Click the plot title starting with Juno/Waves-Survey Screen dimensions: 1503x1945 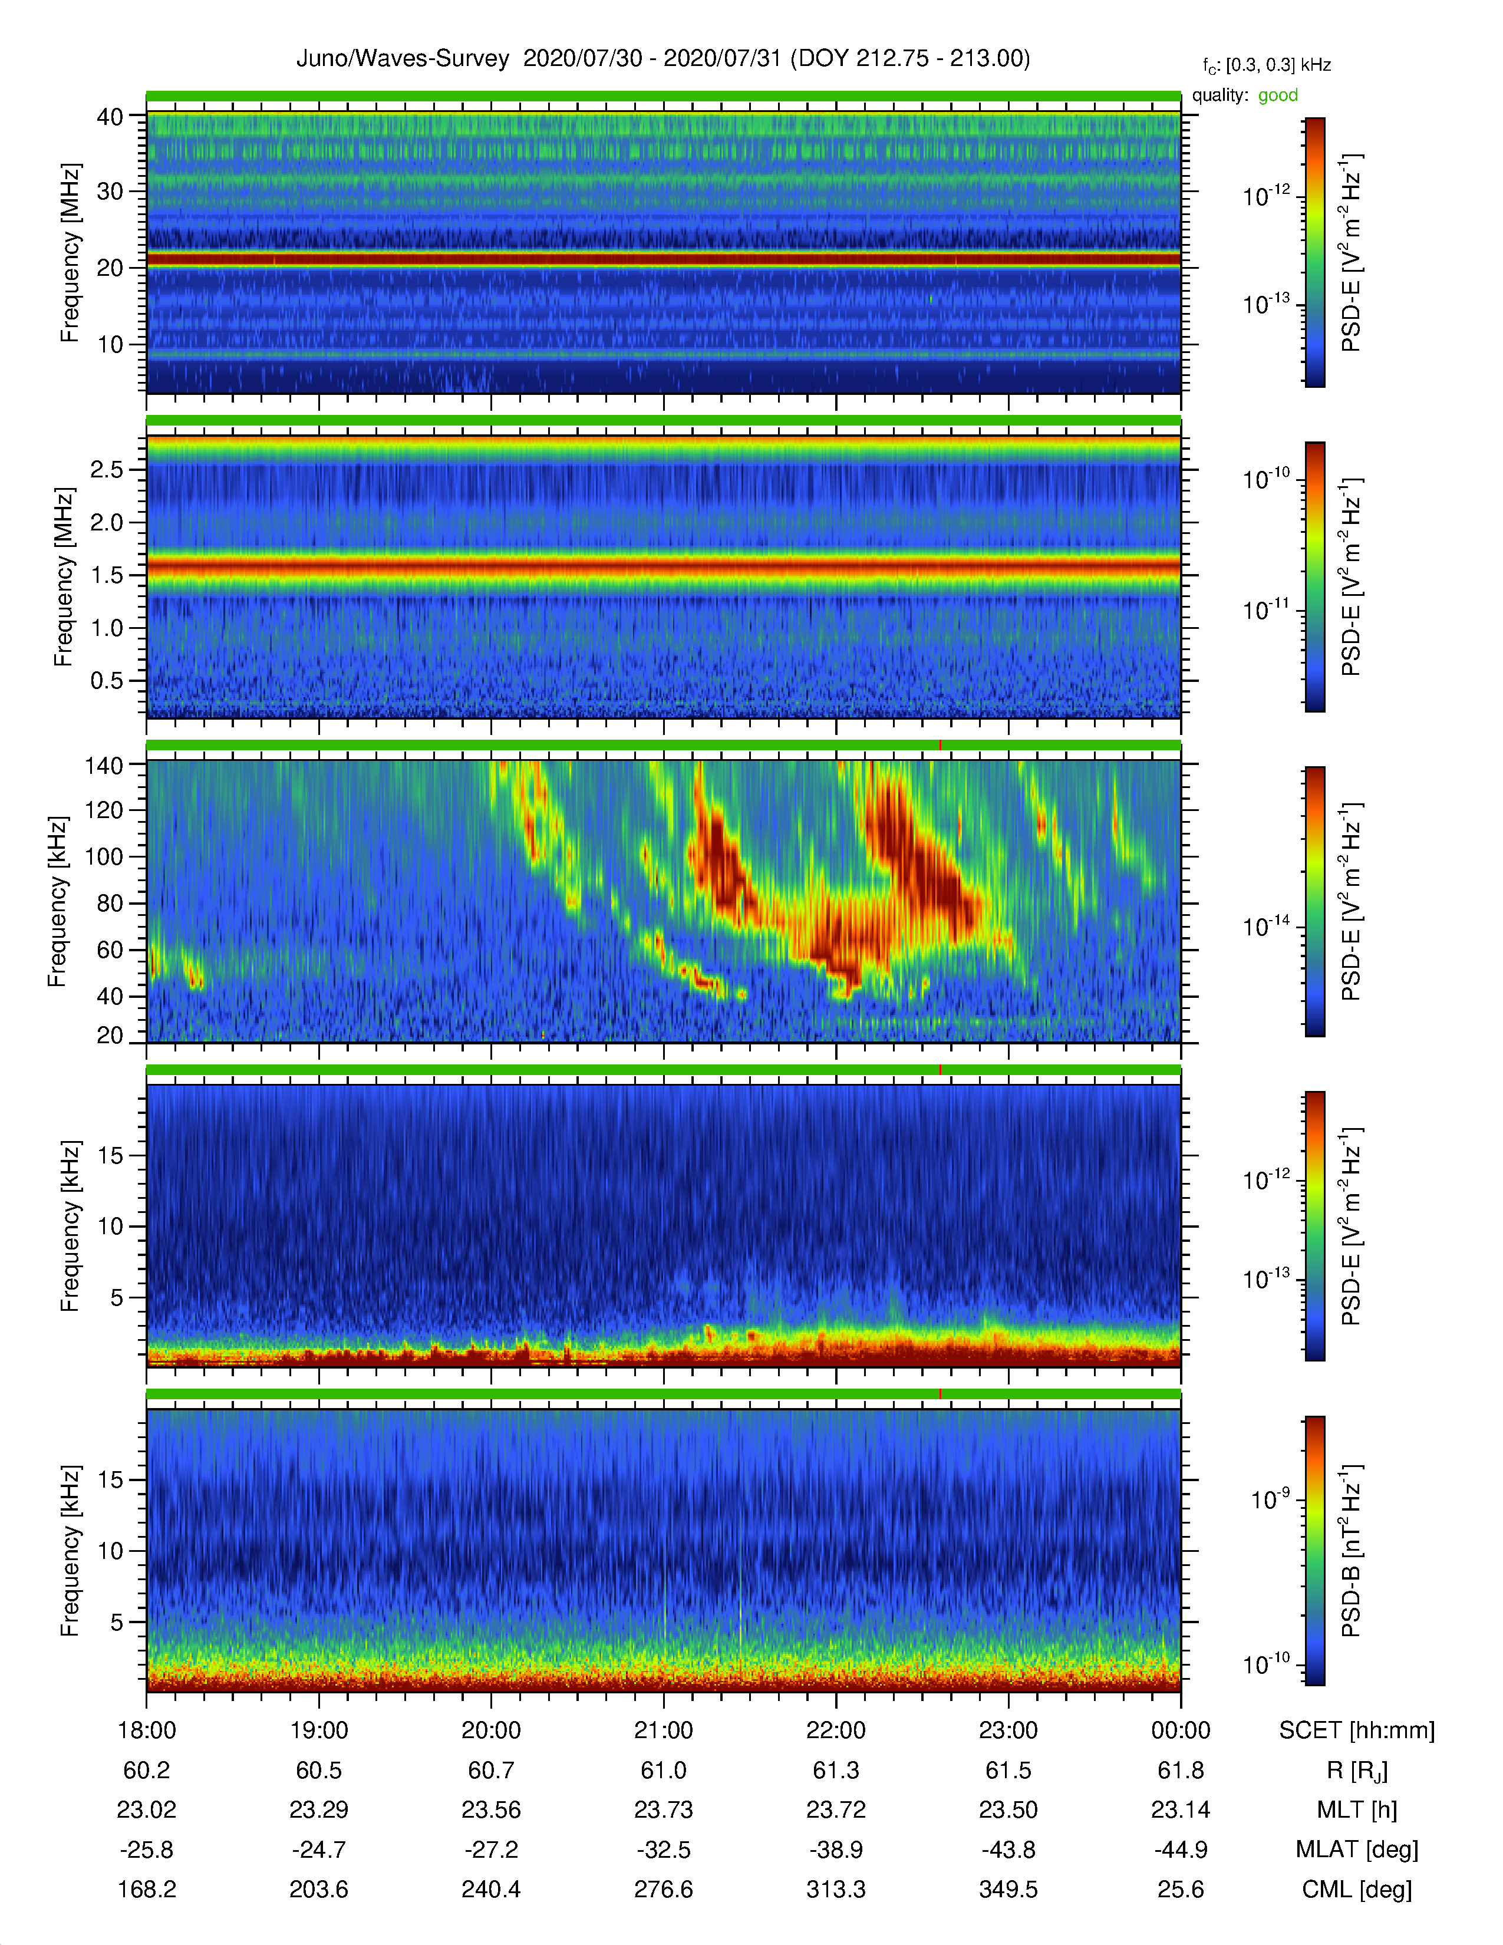(663, 59)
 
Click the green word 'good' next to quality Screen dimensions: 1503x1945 (1278, 95)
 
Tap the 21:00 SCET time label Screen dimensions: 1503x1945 (663, 1730)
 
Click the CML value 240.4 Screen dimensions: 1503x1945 (490, 1889)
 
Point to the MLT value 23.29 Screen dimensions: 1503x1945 (319, 1809)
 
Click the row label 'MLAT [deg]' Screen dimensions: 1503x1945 (1356, 1850)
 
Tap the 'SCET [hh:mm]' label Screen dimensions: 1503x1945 (1356, 1730)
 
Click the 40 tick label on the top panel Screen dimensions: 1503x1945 (110, 117)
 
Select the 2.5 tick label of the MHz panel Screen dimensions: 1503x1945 (107, 469)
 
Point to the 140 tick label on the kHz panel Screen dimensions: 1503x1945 (103, 765)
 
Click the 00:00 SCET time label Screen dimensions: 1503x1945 (1181, 1730)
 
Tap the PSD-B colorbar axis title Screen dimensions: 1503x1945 (1351, 1551)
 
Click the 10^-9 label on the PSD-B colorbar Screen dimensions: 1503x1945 (1270, 1500)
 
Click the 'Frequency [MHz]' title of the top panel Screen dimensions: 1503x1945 (70, 253)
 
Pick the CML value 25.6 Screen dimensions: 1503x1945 (1181, 1889)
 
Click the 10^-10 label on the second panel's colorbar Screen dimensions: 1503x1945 (1266, 479)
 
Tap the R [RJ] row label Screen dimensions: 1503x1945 (1356, 1771)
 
